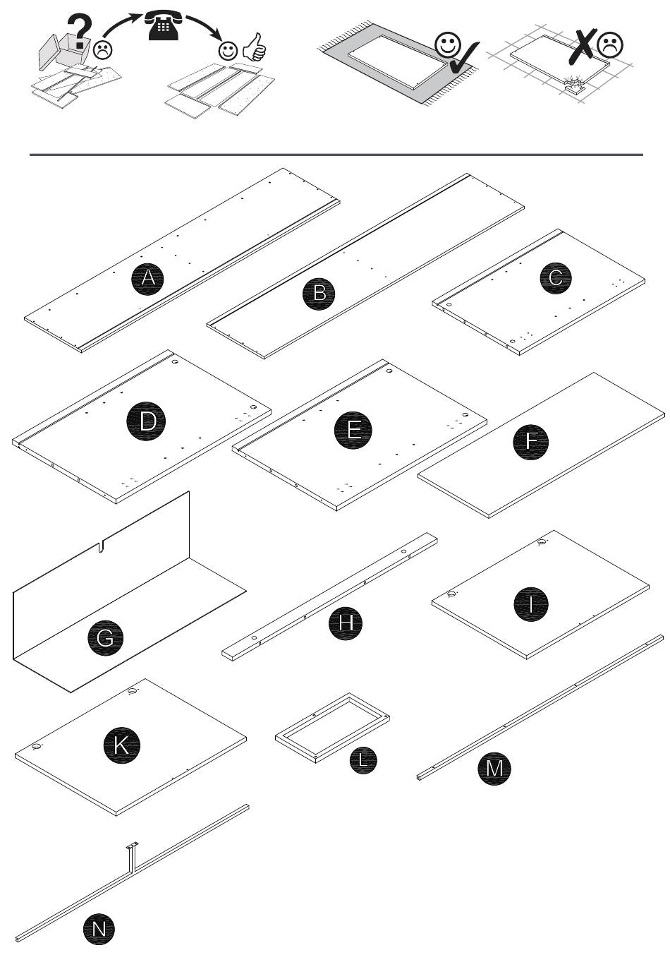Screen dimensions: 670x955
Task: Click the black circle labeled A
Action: [147, 278]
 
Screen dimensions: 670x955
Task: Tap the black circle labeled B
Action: [319, 294]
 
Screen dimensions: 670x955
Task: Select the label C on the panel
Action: [556, 278]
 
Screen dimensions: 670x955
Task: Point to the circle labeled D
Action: [146, 421]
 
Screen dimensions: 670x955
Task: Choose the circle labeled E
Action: [353, 430]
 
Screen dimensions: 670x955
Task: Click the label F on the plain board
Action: [530, 441]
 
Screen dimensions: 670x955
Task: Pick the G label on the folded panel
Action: [105, 638]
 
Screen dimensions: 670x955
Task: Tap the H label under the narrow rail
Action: [346, 623]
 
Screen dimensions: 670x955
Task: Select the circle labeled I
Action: [531, 604]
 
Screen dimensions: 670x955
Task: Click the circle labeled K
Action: [121, 745]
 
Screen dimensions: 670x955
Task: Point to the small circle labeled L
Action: [363, 759]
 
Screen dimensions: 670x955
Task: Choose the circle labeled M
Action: [494, 768]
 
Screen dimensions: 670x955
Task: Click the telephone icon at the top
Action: [164, 25]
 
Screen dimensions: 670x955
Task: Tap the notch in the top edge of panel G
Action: [101, 546]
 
